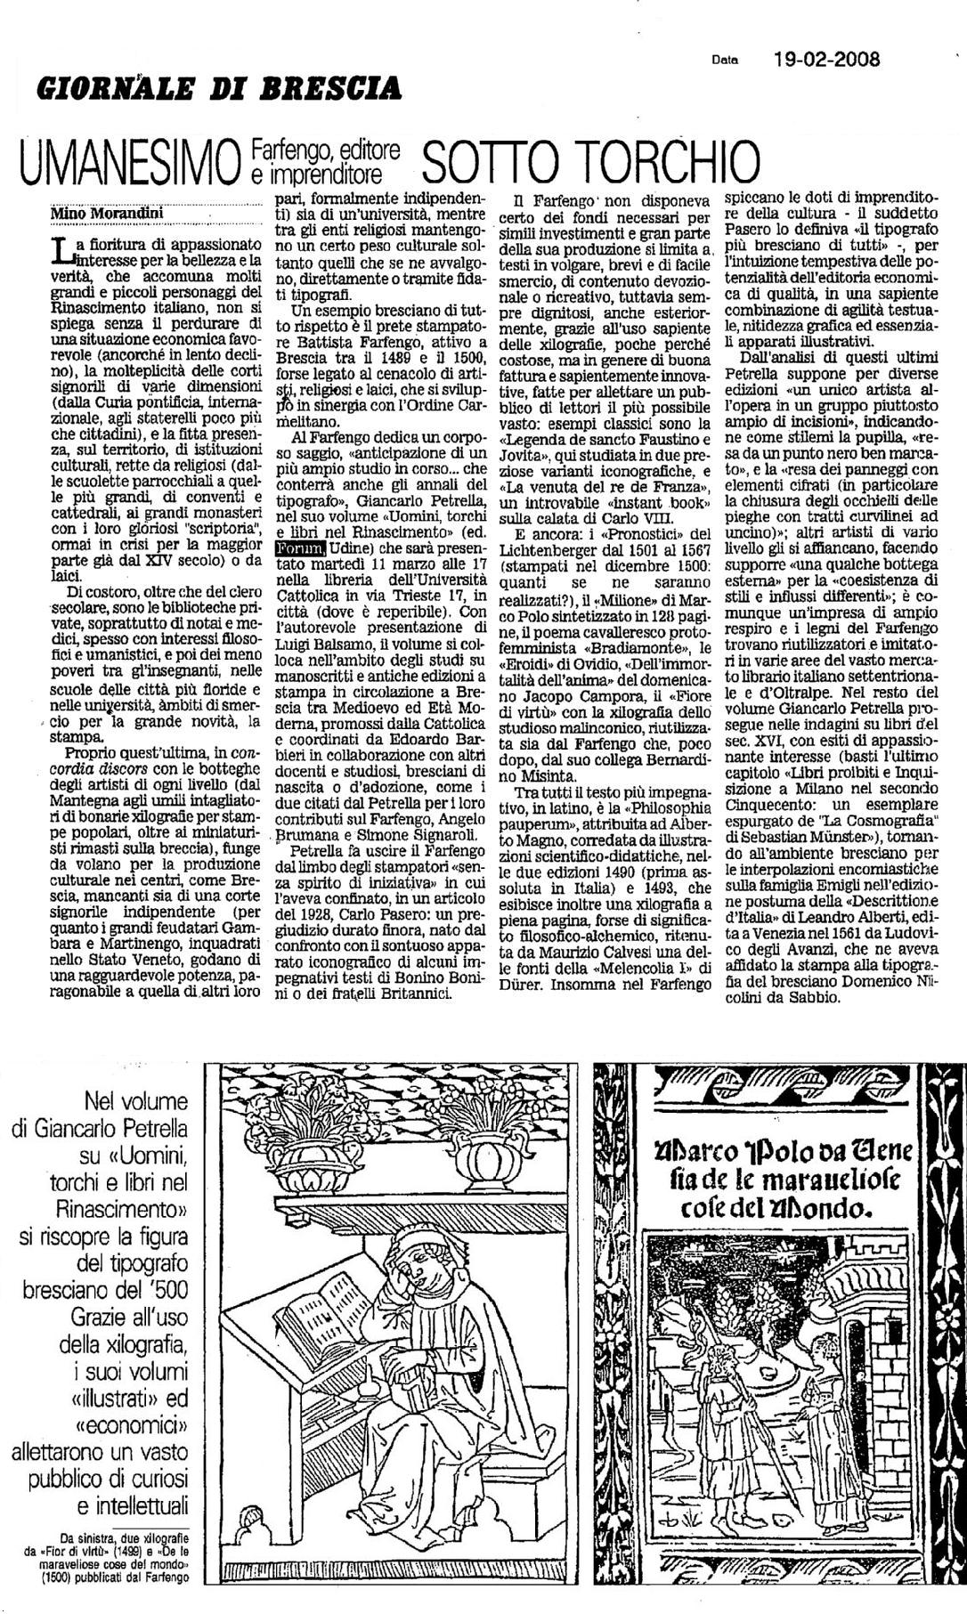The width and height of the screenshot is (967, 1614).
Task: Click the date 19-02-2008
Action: [827, 60]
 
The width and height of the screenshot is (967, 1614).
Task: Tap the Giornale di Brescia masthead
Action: [218, 87]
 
